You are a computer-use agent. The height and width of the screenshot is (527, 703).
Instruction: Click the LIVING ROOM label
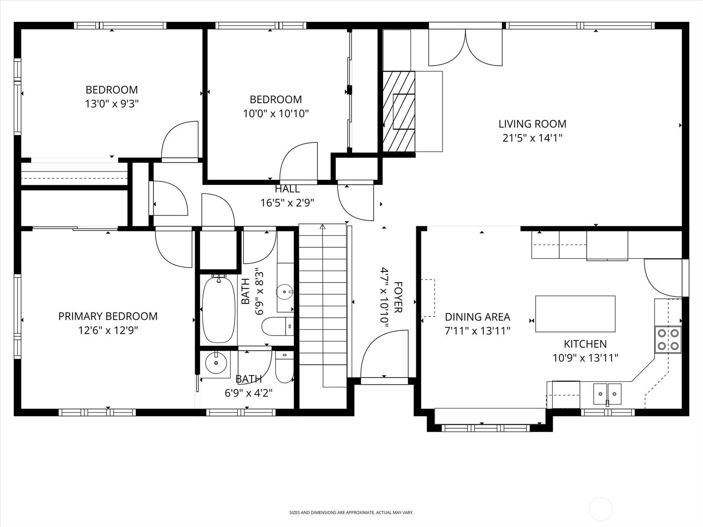(532, 124)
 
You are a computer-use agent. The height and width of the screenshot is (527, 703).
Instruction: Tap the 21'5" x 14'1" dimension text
(532, 138)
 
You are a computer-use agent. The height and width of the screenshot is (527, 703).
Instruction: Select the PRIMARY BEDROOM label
(108, 316)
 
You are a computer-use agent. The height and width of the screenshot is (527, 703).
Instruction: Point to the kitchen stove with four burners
(668, 339)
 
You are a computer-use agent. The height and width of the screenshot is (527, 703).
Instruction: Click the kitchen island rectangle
(575, 314)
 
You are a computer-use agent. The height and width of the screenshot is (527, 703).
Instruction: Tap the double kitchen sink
(607, 394)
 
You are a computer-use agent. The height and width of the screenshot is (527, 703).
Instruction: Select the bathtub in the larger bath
(219, 310)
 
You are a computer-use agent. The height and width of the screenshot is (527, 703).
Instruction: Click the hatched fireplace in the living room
(399, 112)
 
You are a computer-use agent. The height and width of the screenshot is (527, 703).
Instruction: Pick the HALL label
(287, 189)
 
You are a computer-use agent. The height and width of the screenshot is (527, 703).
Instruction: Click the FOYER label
(398, 297)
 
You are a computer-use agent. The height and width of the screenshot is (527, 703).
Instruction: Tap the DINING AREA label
(477, 317)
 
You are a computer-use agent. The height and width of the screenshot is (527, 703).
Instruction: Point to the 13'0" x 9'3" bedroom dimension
(112, 104)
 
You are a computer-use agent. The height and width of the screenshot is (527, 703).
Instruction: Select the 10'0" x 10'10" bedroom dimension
(276, 114)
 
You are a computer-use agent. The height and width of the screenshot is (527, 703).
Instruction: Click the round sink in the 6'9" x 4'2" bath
(216, 363)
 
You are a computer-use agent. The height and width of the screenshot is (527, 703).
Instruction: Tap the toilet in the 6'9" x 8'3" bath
(278, 326)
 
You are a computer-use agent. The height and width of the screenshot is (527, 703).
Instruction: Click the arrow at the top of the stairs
(323, 227)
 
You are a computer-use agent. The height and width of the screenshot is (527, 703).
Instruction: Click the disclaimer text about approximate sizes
(351, 513)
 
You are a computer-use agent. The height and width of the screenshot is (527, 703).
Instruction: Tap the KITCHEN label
(585, 344)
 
